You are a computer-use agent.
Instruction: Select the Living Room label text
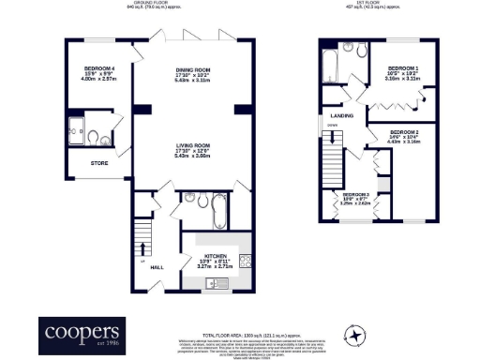[191, 145]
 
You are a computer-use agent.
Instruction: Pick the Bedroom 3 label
[355, 194]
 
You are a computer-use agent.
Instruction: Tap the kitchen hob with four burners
[244, 260]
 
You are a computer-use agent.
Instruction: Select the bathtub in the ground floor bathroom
[217, 211]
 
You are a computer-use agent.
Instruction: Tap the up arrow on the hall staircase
[142, 247]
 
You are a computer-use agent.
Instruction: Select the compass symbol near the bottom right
[355, 336]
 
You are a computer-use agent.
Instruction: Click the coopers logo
[80, 334]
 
